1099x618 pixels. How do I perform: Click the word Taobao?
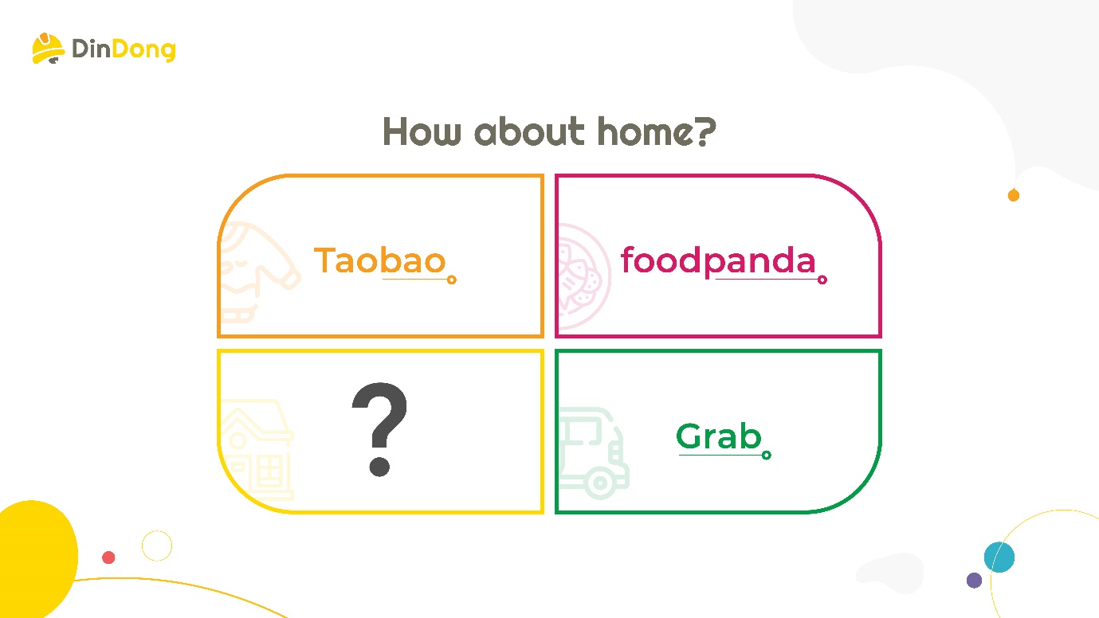click(379, 260)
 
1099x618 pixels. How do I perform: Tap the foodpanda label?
click(718, 260)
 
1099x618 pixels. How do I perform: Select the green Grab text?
click(719, 436)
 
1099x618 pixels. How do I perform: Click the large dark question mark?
click(379, 429)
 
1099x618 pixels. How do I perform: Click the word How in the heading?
click(422, 131)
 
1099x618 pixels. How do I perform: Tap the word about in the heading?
click(529, 131)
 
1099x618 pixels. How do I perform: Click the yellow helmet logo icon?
click(48, 49)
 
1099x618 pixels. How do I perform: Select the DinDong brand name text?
click(124, 50)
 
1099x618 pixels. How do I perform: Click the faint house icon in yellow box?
click(256, 449)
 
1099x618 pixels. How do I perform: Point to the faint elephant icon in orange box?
click(259, 272)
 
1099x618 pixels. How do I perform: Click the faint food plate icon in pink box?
click(584, 276)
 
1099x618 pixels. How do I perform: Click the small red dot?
click(108, 557)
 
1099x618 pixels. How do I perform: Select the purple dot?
click(974, 581)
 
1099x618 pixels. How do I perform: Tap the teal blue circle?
click(999, 557)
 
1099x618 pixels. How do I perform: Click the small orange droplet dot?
click(1014, 195)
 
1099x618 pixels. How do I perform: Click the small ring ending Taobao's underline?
click(452, 280)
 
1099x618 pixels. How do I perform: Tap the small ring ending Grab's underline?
click(767, 456)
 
